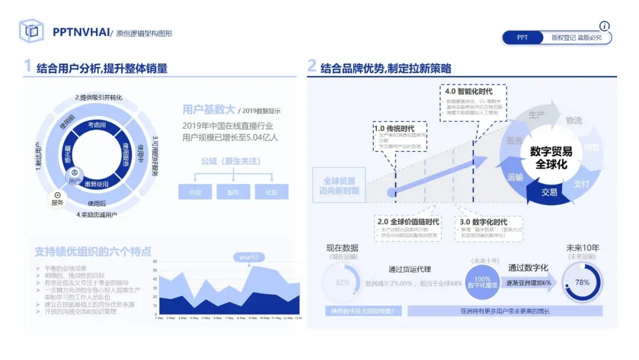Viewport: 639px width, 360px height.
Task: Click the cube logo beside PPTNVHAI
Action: tap(31, 31)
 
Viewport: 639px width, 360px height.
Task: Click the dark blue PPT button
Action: tap(522, 37)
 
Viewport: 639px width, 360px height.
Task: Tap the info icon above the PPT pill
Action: tap(604, 26)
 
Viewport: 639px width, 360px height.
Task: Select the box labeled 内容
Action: tap(195, 192)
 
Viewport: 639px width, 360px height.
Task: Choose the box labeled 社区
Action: tap(272, 192)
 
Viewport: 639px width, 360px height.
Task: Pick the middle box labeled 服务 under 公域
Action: tap(233, 192)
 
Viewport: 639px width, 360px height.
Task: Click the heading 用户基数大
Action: tap(208, 110)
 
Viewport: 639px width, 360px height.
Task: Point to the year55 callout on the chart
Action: tap(248, 257)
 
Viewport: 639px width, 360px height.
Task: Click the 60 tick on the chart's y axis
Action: tap(154, 261)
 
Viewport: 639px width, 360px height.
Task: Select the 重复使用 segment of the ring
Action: tap(96, 184)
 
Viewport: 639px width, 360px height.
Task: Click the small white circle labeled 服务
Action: tap(57, 198)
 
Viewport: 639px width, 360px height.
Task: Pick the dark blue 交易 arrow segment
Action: tap(549, 192)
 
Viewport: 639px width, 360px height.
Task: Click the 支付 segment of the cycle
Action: tap(581, 184)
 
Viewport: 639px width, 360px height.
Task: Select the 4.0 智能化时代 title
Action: tap(468, 91)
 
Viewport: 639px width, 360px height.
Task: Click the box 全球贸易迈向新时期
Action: tap(339, 185)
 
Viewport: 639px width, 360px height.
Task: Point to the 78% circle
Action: tap(582, 282)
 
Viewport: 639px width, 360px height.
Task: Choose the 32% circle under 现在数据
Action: tap(343, 282)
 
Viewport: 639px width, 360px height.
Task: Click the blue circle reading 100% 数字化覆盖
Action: tap(483, 282)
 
